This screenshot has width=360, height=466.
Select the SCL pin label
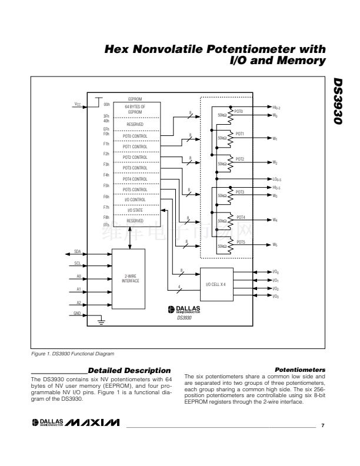(77, 263)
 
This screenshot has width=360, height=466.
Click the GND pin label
(77, 314)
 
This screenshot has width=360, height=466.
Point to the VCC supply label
(77, 105)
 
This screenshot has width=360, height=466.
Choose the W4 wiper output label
(275, 220)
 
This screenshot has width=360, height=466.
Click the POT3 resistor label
(239, 192)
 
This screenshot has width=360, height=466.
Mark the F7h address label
(106, 207)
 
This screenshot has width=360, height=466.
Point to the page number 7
(322, 425)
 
